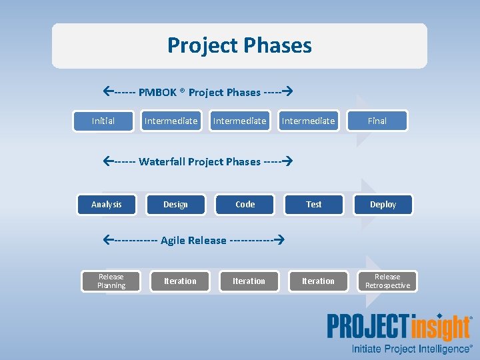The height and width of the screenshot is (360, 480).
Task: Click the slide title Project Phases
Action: point(239,45)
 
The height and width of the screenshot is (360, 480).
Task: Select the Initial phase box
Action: point(103,121)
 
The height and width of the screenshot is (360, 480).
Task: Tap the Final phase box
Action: point(377,121)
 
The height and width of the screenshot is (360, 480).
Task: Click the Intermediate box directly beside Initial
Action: point(171,121)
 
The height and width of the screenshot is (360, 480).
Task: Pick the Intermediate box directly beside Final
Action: point(308,121)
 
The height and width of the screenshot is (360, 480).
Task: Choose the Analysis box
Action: point(107,205)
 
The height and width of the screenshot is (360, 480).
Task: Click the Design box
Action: point(175,205)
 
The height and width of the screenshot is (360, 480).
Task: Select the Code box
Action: point(245,205)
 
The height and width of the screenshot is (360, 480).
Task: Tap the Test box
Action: point(314,205)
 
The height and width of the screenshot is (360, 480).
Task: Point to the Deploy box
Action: point(383,205)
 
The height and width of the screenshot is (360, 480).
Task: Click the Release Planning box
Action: point(111,281)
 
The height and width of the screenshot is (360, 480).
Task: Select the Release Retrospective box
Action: point(387,281)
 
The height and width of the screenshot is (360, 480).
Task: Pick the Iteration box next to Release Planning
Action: point(180,281)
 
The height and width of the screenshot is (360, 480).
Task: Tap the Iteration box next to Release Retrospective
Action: point(318,281)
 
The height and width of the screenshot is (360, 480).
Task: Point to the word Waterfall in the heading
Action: point(162,162)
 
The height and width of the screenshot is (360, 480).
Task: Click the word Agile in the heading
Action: point(173,241)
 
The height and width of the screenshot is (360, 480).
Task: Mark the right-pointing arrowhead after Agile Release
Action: point(280,240)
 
